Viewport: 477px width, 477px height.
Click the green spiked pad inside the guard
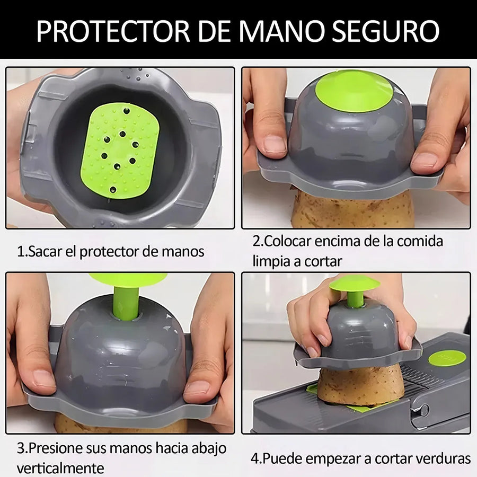point(120,151)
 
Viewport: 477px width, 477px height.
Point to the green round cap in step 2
point(354,91)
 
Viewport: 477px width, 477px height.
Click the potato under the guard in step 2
point(353,210)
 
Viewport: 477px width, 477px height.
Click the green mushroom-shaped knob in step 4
point(355,289)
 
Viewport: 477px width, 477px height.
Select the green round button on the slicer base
point(447,358)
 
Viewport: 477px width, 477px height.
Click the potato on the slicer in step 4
point(360,385)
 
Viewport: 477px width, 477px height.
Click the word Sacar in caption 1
point(45,252)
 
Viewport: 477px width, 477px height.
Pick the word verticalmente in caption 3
point(60,468)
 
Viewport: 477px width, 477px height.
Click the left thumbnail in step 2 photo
point(275,144)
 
